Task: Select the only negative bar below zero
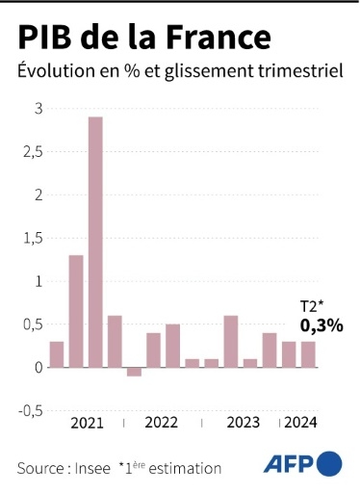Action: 134,372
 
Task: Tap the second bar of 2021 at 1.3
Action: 76,311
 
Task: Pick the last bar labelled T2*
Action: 308,354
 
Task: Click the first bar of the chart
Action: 57,354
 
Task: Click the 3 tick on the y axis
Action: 38,109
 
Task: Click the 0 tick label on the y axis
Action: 38,367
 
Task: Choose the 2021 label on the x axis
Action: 87,423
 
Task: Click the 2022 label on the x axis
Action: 162,423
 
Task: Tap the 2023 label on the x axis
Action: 243,423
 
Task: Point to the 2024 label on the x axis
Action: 300,423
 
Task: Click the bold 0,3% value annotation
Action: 321,325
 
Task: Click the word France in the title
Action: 214,39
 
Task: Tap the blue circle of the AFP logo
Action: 329,463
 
